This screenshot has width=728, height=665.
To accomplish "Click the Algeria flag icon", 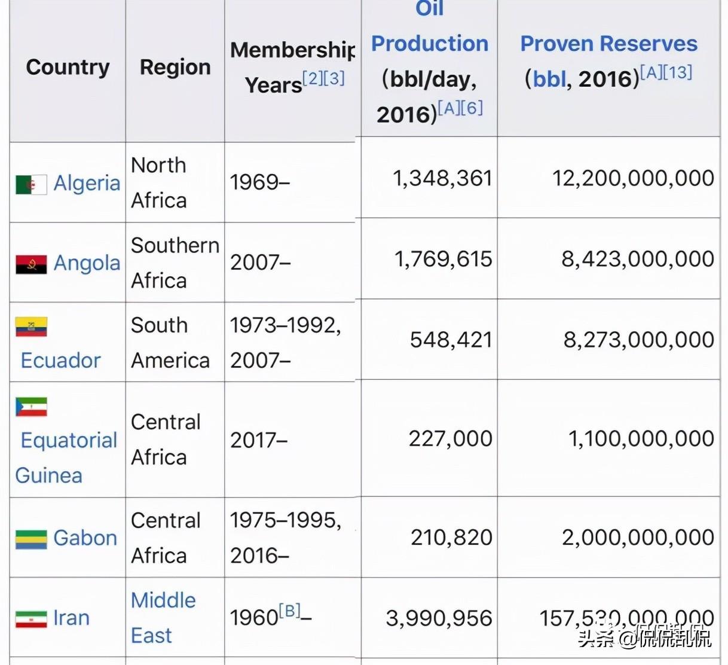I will coord(31,185).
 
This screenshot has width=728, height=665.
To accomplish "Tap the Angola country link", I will coord(87,263).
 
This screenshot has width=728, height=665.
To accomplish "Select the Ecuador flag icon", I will coord(31,327).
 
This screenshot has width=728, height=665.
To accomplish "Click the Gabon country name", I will coord(85,538).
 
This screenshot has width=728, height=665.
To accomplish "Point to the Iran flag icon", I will coord(31,619).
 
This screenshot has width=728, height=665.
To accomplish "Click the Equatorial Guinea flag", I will coord(31,407).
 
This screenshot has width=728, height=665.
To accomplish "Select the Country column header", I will coord(68,67).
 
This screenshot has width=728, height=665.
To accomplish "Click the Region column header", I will coord(175,67).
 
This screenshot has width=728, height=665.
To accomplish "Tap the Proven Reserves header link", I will coord(608,44).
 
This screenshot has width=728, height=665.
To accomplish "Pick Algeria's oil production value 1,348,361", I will coord(442,178).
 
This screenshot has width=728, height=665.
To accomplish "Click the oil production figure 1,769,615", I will coord(443,259).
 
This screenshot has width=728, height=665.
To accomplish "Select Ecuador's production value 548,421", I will coord(451,340).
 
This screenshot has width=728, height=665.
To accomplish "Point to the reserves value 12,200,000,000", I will coord(633,178).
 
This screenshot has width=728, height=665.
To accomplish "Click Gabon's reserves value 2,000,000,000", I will coord(638,538).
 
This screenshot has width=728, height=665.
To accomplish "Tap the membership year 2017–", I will coord(259,440).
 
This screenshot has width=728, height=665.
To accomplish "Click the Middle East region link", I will coord(163,617).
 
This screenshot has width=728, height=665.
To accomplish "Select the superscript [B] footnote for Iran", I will coord(290,611).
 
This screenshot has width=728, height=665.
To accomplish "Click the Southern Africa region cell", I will coord(175,263).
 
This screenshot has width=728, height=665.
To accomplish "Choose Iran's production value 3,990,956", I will coord(439,618).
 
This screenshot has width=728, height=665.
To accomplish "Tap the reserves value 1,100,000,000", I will coord(641,439).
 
